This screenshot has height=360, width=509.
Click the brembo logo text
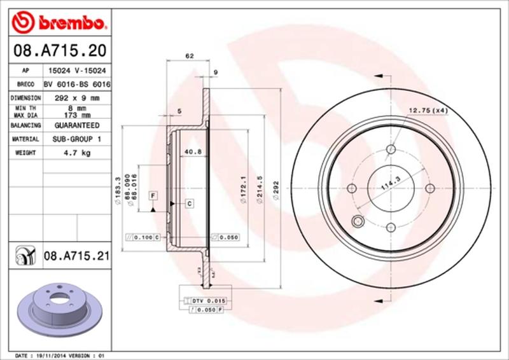71,23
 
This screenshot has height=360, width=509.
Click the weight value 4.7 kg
77,153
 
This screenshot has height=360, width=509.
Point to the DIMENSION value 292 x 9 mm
77,98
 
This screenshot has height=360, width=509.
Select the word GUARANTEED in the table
77,126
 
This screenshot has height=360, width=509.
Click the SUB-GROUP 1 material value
77,139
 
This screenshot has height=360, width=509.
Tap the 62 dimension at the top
189,57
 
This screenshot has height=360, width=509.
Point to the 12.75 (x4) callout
428,111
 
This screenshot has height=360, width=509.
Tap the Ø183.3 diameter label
118,189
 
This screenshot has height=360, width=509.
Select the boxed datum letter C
189,203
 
